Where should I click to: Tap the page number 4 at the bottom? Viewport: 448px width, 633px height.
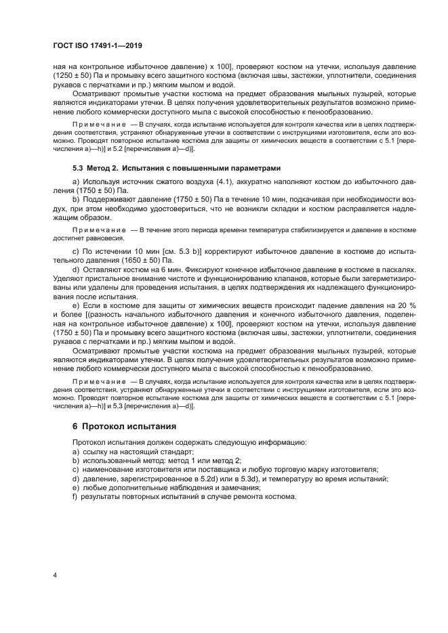(54, 576)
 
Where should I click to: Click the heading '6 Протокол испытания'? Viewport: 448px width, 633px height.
(124, 427)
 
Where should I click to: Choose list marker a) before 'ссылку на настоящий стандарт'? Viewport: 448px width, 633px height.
(75, 452)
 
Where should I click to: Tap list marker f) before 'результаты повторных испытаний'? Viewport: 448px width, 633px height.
(75, 496)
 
